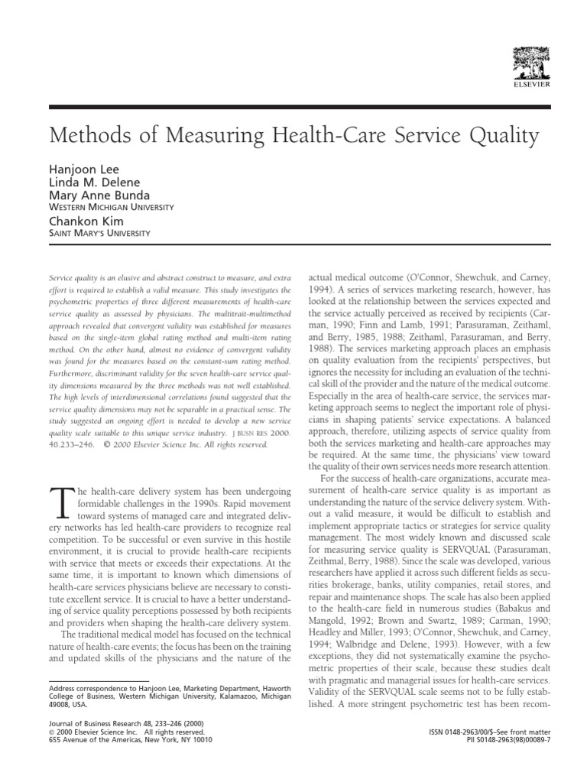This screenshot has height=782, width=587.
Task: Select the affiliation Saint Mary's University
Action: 99,233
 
